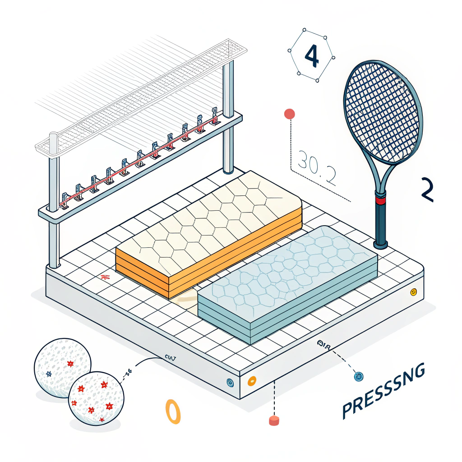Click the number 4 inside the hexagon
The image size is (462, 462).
pos(312,56)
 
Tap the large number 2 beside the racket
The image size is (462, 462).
pos(426,189)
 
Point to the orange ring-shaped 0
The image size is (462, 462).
pos(173,411)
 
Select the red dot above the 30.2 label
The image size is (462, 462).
pos(289,114)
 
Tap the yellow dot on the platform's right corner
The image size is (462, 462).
pos(413,292)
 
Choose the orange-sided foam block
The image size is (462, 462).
pos(208,235)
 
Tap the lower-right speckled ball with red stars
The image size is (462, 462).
pos(96,398)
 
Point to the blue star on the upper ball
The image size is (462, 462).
pos(49,374)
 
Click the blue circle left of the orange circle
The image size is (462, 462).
pos(229,382)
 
